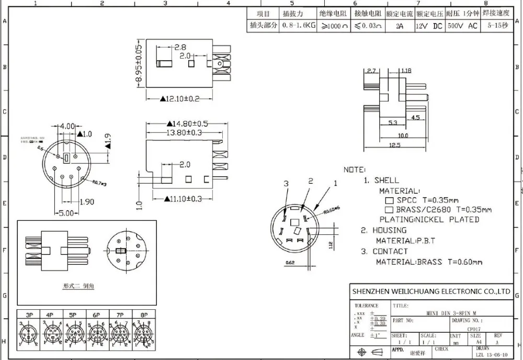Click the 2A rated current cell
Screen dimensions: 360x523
click(x=399, y=25)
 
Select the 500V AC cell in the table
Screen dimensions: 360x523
click(x=462, y=25)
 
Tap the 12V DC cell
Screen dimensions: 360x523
click(x=429, y=25)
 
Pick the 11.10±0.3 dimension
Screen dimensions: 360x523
click(x=184, y=199)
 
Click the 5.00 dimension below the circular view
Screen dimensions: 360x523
click(x=65, y=213)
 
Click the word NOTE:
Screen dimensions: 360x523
click(x=355, y=170)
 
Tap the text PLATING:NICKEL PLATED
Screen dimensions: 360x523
click(x=429, y=219)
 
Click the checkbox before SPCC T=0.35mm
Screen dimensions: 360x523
click(x=389, y=200)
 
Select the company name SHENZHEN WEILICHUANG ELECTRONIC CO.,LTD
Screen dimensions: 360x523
click(x=431, y=291)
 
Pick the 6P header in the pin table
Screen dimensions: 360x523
click(x=96, y=315)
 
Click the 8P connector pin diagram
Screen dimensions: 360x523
click(x=143, y=334)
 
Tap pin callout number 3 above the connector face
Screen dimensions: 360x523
click(x=286, y=183)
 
